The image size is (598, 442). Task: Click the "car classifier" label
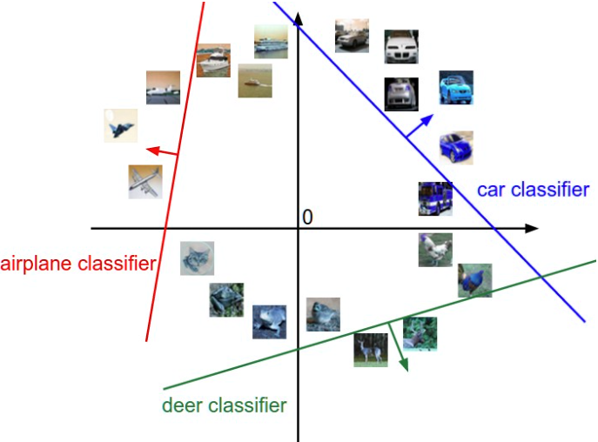pyautogui.click(x=533, y=190)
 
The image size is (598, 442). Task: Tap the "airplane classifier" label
pyautogui.click(x=78, y=264)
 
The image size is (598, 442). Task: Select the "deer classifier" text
pyautogui.click(x=225, y=405)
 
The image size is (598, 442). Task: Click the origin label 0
pyautogui.click(x=307, y=217)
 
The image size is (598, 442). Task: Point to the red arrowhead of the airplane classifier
pyautogui.click(x=153, y=151)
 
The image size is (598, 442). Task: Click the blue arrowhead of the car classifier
pyautogui.click(x=427, y=120)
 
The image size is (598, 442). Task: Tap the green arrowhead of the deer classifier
pyautogui.click(x=404, y=365)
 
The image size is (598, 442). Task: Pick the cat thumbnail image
pyautogui.click(x=198, y=258)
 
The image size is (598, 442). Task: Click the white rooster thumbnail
pyautogui.click(x=435, y=250)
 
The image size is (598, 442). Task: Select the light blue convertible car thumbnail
pyautogui.click(x=456, y=87)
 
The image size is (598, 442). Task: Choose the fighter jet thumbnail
pyautogui.click(x=121, y=126)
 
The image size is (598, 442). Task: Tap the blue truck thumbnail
pyautogui.click(x=435, y=198)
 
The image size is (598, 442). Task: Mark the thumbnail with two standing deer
pyautogui.click(x=371, y=350)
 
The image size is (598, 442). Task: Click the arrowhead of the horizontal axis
pyautogui.click(x=532, y=229)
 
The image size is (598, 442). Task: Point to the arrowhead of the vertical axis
pyautogui.click(x=299, y=19)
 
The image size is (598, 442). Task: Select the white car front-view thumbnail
pyautogui.click(x=401, y=46)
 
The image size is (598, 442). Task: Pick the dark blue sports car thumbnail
pyautogui.click(x=456, y=148)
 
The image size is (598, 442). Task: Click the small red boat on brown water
pyautogui.click(x=255, y=80)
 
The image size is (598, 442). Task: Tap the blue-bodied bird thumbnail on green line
pyautogui.click(x=474, y=280)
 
